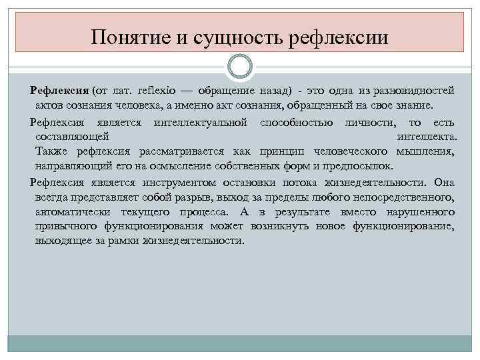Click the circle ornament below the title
pos(239,67)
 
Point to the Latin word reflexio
pos(158,91)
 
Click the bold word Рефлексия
pos(60,91)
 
